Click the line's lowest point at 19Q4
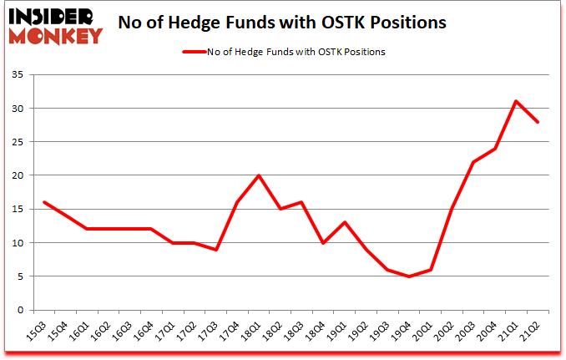click(x=408, y=276)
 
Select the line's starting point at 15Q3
click(x=43, y=202)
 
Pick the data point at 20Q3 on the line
click(x=473, y=162)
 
